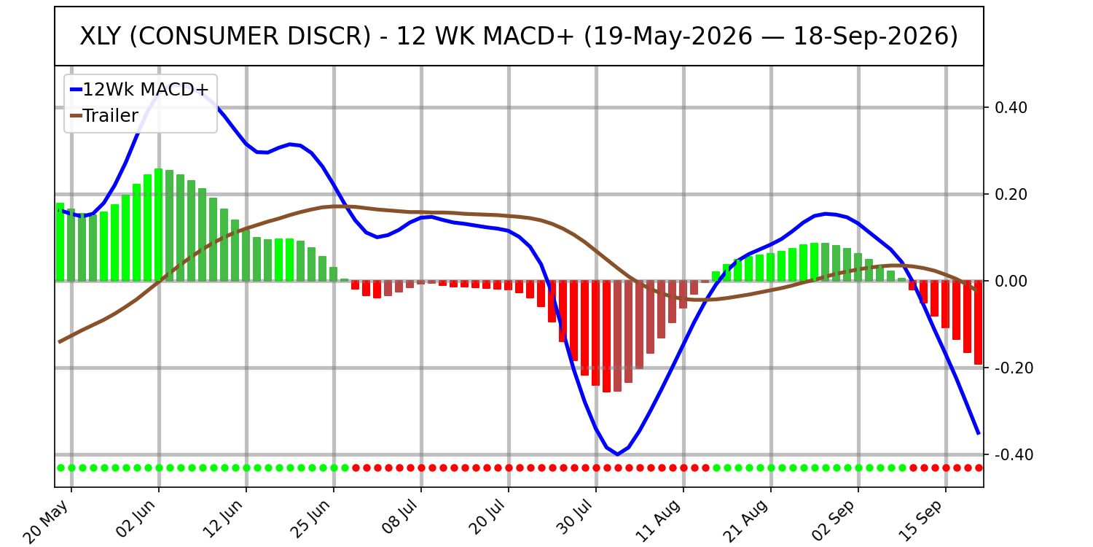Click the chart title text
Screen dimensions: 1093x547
519,36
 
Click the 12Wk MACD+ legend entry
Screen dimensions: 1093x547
140,90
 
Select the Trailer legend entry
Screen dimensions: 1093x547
104,116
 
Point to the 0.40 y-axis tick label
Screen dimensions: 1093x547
1011,107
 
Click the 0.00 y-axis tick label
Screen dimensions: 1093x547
1011,281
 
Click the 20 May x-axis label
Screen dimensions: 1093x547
47,521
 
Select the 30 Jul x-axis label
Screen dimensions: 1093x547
575,519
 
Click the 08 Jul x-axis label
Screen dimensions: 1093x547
400,519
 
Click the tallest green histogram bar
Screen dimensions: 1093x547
159,225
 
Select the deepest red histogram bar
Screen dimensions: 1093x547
606,336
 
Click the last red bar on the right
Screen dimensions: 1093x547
979,322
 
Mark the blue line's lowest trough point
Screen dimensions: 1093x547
618,454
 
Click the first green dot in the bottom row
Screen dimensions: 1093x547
61,468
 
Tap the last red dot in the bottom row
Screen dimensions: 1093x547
979,468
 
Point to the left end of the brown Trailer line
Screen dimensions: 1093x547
59,342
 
